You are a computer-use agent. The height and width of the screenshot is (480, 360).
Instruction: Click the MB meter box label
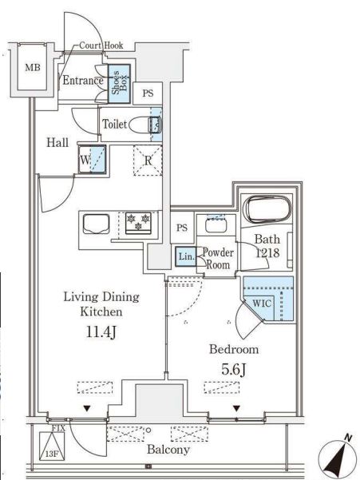pos(33,68)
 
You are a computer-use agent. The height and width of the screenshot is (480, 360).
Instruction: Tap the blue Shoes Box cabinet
pos(119,83)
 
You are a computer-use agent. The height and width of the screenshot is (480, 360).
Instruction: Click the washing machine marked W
pos(92,160)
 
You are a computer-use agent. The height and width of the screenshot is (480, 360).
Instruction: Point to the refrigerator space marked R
pos(148,161)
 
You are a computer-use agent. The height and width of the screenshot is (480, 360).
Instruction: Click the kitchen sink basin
pos(97,224)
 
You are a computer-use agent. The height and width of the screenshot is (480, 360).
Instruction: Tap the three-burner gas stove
pos(138,223)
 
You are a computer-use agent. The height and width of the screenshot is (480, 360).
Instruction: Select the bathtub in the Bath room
pos(267,209)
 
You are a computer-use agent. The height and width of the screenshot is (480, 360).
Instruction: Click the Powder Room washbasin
pos(216,226)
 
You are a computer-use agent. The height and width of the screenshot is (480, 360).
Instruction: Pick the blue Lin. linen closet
pos(186,256)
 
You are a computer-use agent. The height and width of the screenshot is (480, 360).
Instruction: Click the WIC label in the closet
pos(262,303)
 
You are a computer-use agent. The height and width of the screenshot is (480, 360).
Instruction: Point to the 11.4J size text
pos(101,332)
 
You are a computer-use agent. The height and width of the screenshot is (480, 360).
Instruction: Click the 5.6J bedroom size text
pos(234,370)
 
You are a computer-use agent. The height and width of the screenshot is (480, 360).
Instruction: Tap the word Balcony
pos(168,450)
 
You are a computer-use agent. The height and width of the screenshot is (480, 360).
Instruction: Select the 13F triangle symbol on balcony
pos(52,446)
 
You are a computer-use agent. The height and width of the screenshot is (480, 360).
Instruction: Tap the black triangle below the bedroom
pos(236,408)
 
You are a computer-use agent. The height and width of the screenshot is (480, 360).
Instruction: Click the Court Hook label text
pos(101,46)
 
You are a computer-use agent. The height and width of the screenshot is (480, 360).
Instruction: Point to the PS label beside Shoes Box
pos(148,93)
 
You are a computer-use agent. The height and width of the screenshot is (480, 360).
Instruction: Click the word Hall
pos(57,142)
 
